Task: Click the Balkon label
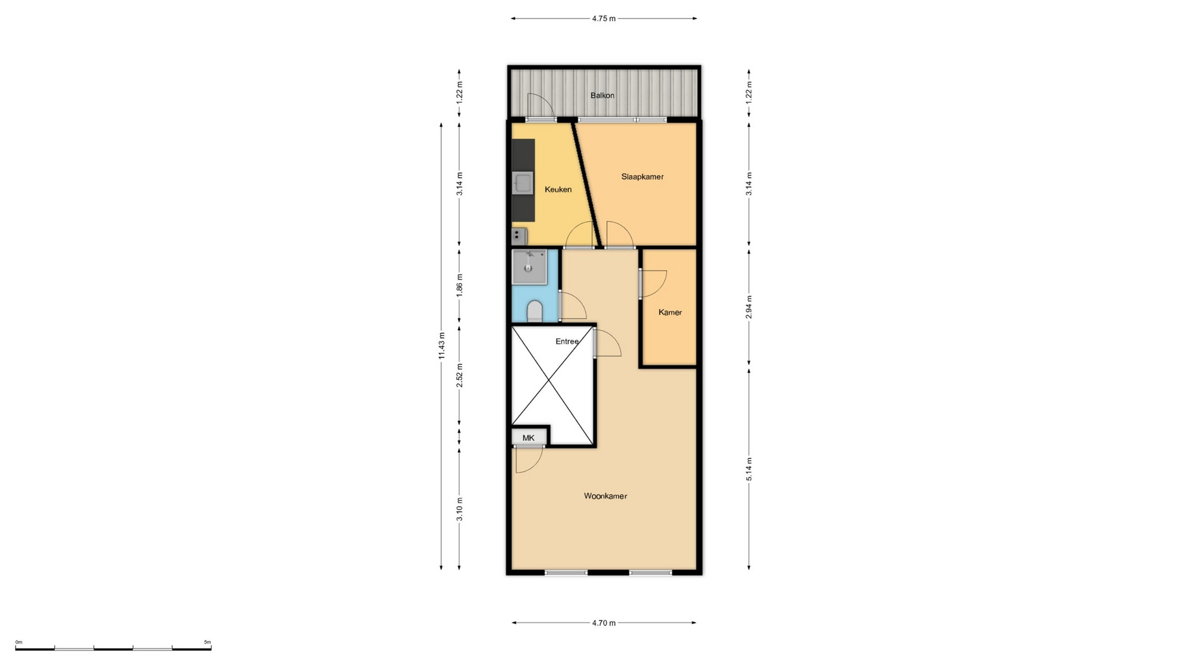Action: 602,95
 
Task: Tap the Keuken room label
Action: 558,190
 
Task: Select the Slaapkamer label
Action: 642,177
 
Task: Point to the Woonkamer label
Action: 605,496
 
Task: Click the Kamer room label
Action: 670,312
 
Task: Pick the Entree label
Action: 567,341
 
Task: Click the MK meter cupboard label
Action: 528,438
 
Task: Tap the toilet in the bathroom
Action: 534,311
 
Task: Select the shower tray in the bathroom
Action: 529,267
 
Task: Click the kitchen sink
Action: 523,183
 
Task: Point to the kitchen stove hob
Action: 519,236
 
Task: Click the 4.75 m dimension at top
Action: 604,19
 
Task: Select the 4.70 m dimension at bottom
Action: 604,623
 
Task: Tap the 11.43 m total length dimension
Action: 441,346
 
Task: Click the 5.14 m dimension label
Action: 749,469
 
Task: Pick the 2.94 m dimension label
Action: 749,307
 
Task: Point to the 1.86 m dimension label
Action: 459,285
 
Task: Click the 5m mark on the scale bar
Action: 208,642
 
